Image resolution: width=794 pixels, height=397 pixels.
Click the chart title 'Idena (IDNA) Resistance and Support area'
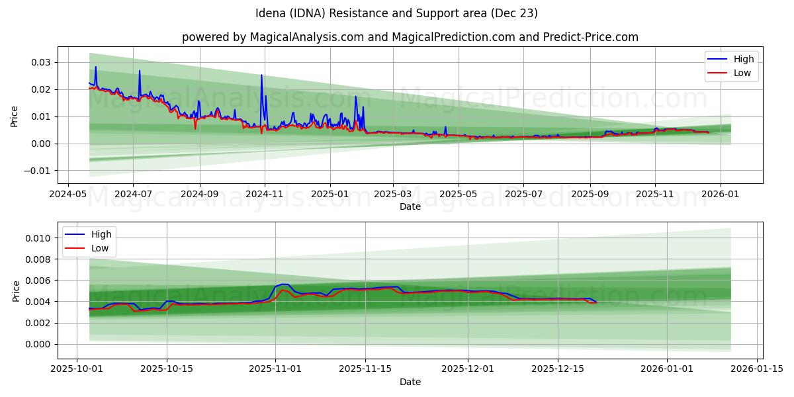pos(396,13)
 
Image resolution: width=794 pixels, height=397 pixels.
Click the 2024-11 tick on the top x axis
pos(265,195)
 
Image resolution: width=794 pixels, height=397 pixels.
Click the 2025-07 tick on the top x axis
pos(523,195)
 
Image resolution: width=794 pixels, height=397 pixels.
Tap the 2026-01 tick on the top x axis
pos(720,195)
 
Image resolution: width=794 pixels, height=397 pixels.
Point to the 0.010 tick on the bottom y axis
pos(37,238)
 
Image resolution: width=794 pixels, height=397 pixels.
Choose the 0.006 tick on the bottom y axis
pos(37,281)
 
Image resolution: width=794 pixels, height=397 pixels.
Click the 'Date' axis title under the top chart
pos(410,207)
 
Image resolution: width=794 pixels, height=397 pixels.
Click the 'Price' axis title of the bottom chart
pos(16,290)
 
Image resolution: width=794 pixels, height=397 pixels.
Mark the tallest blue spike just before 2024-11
pos(261,75)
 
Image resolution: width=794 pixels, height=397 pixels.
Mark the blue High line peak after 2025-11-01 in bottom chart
pos(284,284)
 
